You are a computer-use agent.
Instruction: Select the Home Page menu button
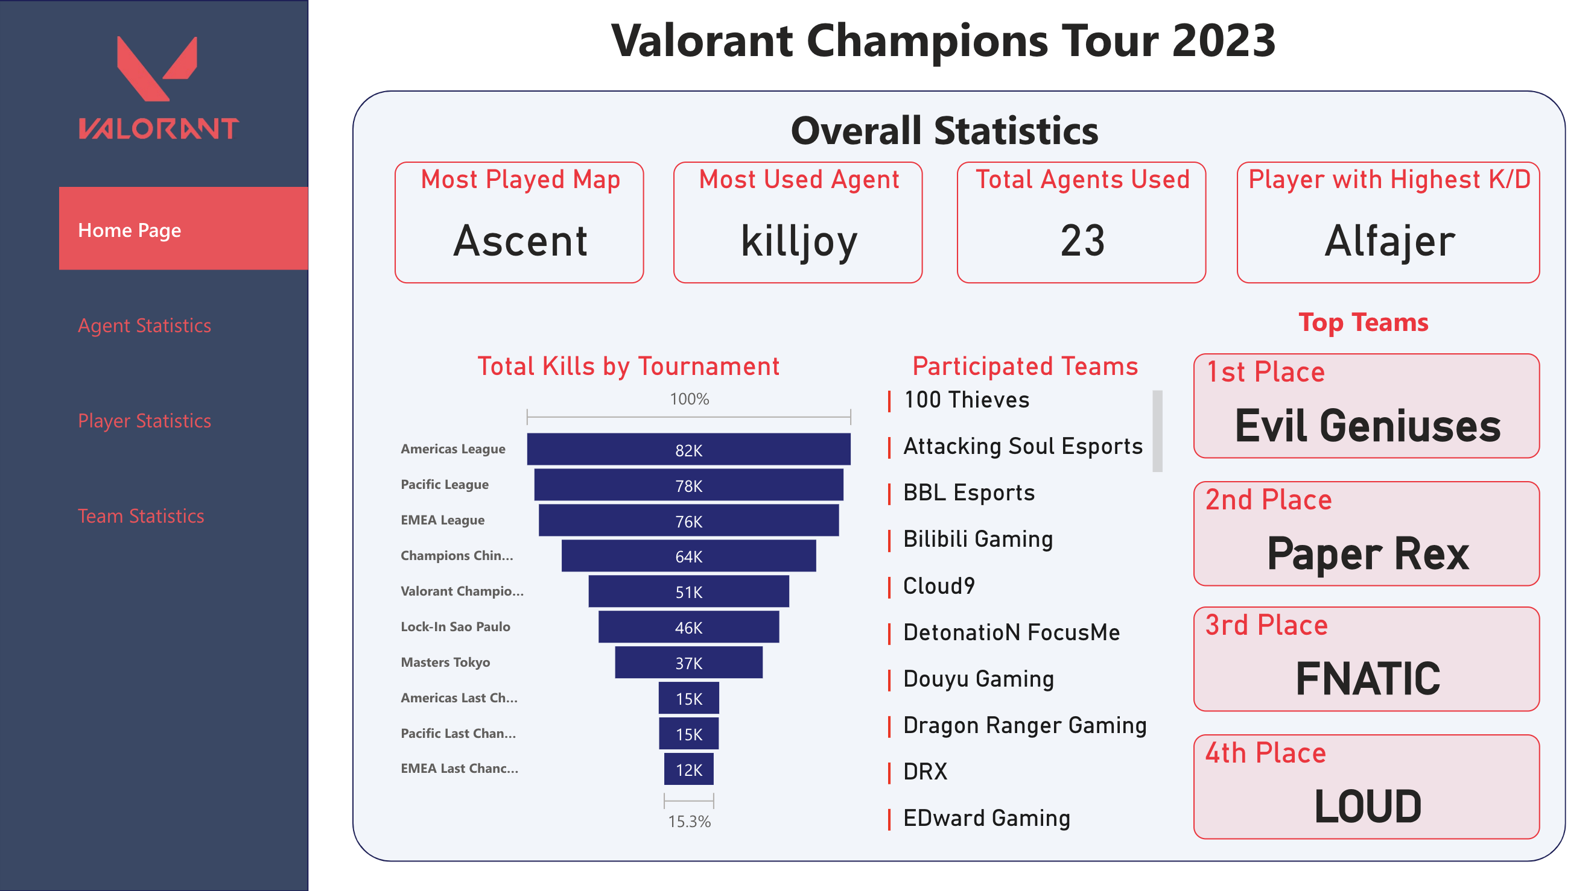pos(183,229)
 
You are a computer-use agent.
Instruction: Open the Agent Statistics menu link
pos(144,326)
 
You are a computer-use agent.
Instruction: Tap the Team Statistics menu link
pos(141,515)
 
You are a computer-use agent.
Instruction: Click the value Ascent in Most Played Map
pos(520,241)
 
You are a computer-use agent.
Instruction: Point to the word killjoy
pos(799,241)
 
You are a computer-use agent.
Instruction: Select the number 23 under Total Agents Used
pos(1082,241)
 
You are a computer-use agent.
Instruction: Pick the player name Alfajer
pos(1389,241)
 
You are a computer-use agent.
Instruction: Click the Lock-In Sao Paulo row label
pos(456,626)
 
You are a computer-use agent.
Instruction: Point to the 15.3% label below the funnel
pos(689,821)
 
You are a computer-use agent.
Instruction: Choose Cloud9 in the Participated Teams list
pos(939,585)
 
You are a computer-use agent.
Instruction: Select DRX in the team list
pos(925,772)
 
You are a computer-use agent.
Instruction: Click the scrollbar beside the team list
pos(1157,431)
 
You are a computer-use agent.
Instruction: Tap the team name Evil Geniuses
pos(1368,426)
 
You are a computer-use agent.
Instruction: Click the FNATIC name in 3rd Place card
pos(1368,678)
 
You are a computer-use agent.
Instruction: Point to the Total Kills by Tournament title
pos(628,366)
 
